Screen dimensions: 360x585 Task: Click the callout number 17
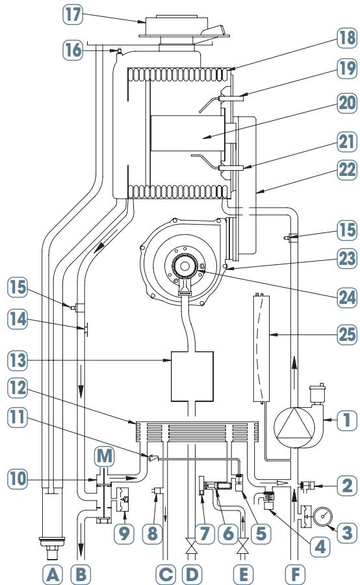72,16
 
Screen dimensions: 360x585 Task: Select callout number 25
347,334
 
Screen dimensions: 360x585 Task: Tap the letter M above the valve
104,456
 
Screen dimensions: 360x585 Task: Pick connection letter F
295,575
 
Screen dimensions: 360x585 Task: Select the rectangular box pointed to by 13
192,376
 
